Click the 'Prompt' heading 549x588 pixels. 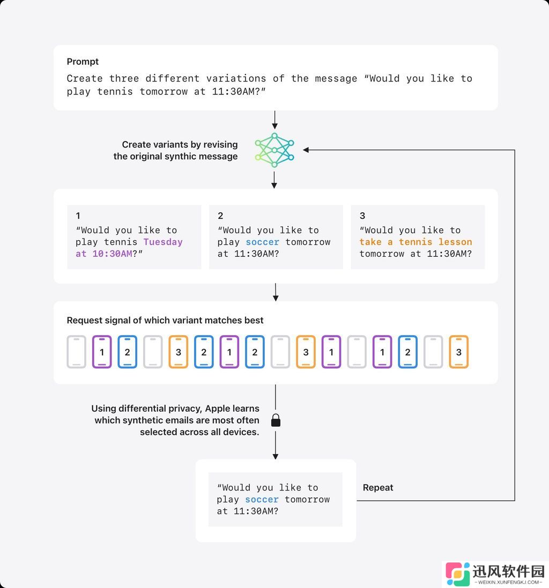coord(83,62)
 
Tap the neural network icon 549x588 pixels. coord(274,150)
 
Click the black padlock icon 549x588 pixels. coord(276,420)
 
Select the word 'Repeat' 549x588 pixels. coord(378,488)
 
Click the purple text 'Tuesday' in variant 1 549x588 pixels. coord(163,242)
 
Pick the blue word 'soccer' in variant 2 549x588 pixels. coord(263,242)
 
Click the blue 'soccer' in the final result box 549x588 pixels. coord(262,500)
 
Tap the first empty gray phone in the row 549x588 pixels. coord(77,352)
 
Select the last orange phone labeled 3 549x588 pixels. coord(458,352)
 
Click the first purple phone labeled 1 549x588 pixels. coord(102,352)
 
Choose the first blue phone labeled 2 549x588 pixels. coord(128,352)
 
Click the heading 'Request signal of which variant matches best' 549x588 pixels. coord(165,320)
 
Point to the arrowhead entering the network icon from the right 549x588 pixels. coord(306,150)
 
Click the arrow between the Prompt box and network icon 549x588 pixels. coord(275,120)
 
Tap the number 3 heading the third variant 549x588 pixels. coord(362,215)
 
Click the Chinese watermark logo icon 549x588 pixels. coord(458,574)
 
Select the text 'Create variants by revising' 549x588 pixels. coord(180,144)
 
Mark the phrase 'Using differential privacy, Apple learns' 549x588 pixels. coord(175,408)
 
